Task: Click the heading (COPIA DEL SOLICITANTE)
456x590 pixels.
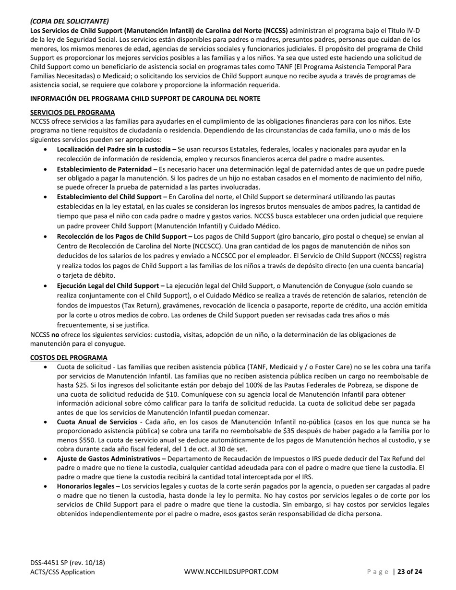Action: pos(69,21)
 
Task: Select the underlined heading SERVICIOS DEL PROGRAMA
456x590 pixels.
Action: pos(72,112)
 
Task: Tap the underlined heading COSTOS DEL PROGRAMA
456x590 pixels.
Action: pos(69,357)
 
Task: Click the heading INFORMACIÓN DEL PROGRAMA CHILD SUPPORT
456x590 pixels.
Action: pos(145,98)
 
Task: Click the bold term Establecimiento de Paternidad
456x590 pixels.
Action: pos(104,169)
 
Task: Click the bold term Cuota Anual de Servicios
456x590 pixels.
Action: pos(97,422)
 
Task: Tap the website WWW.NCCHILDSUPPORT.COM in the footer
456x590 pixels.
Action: pos(231,572)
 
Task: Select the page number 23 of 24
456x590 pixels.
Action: pos(410,572)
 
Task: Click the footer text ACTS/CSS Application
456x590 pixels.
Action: pos(62,572)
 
